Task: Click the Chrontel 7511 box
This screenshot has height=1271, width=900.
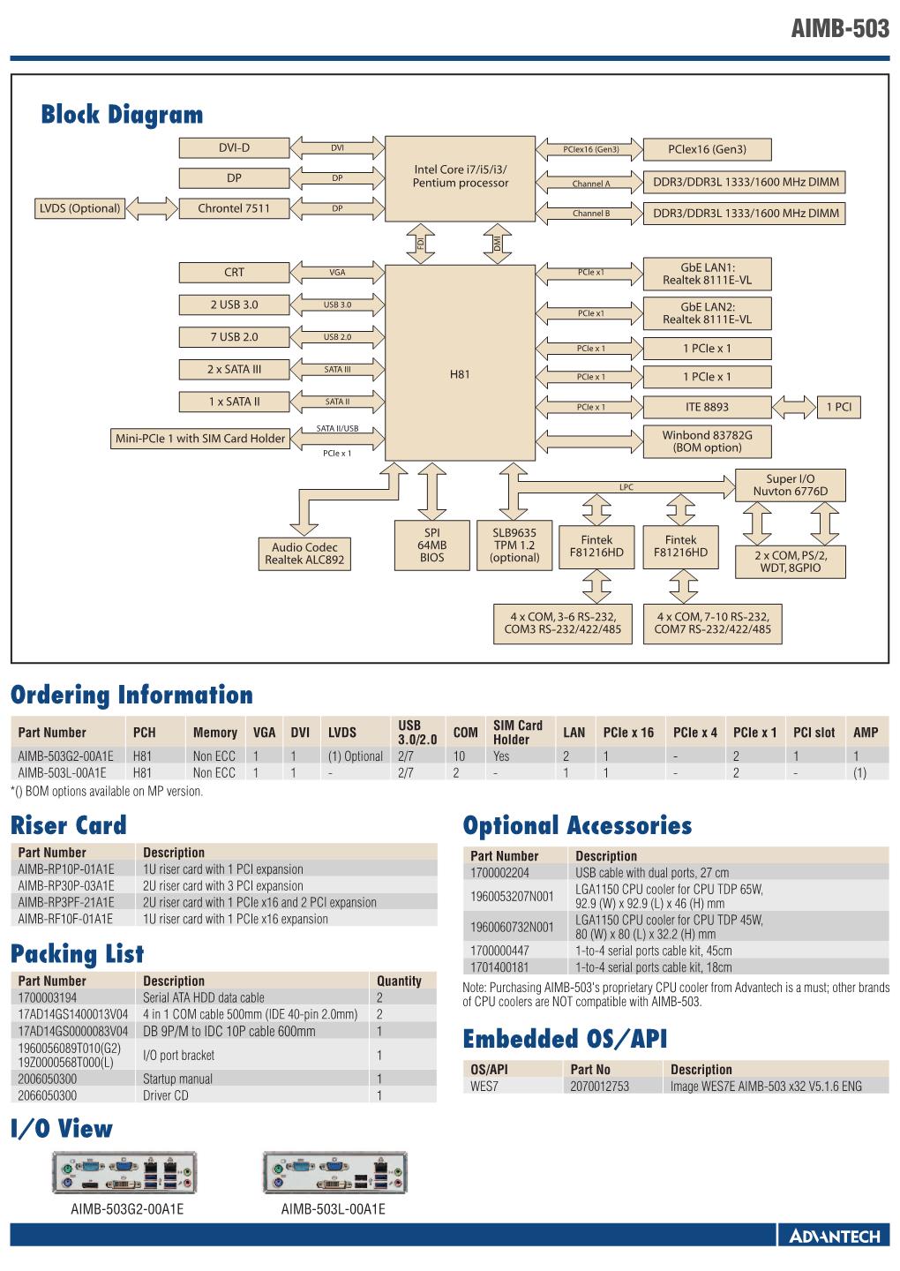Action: coord(234,208)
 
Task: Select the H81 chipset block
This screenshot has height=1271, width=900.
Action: coord(460,363)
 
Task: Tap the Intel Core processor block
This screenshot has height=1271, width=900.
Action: coord(460,178)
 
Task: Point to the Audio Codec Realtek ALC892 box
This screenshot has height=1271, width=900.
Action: coord(304,553)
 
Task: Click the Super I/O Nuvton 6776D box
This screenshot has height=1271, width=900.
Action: coord(790,485)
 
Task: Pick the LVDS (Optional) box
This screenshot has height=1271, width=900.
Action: coord(80,208)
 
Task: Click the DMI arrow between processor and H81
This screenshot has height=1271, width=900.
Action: coord(498,244)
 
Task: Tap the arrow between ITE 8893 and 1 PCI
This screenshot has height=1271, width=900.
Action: coord(794,407)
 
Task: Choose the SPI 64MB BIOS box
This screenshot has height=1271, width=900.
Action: coord(432,545)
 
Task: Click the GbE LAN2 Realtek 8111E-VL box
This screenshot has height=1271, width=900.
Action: coord(707,313)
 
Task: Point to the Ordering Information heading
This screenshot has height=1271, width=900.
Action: coord(131,696)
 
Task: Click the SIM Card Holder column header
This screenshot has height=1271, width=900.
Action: coord(518,732)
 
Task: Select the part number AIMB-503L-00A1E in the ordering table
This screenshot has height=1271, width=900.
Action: coord(63,772)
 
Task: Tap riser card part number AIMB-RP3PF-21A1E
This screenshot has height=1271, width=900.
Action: coord(66,902)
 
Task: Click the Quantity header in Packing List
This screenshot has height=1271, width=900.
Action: coord(399,981)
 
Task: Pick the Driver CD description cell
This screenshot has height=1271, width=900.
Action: coord(166,1095)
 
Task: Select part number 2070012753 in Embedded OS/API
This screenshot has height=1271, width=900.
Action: coord(599,1086)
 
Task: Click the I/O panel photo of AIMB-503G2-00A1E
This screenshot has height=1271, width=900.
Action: coord(124,1172)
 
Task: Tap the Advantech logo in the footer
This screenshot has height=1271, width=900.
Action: coord(835,1237)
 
